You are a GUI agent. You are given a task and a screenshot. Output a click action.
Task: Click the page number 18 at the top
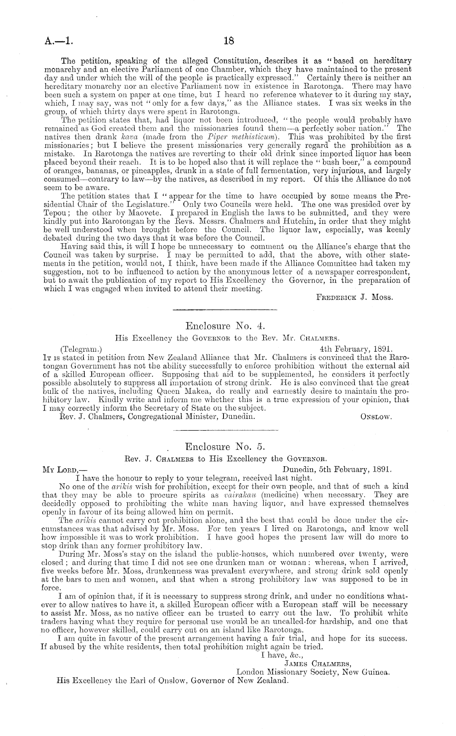pos(228,40)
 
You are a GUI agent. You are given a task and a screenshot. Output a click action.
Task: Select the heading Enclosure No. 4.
pos(226,326)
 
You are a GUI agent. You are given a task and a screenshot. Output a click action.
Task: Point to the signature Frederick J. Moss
pos(355,298)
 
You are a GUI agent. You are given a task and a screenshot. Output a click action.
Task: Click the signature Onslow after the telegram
pos(376,417)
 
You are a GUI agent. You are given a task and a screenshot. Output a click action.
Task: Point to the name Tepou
pos(54,212)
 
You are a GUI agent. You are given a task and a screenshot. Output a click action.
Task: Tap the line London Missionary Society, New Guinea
pos(313,672)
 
